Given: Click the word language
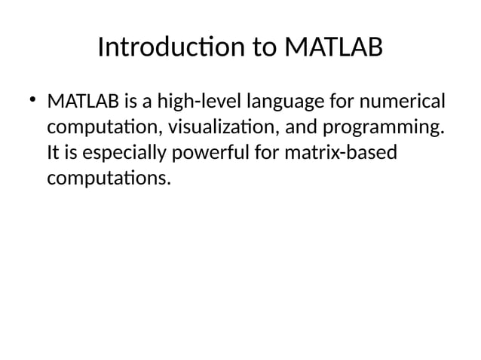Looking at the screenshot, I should click(278, 102).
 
